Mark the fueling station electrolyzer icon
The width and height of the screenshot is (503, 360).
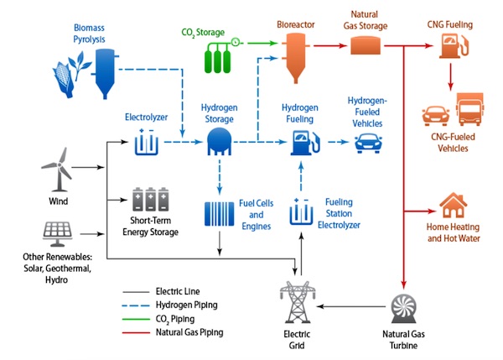[x=301, y=213]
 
